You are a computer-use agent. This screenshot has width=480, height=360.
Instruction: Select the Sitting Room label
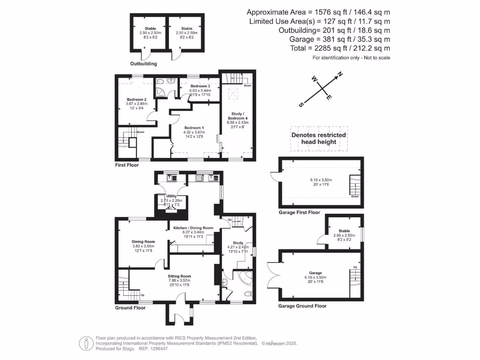(x=180, y=277)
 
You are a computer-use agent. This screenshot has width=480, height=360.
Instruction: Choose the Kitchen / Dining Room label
(x=193, y=228)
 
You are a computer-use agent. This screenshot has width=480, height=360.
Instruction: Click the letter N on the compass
(x=340, y=74)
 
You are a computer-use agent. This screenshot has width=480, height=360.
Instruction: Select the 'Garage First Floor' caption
(x=299, y=212)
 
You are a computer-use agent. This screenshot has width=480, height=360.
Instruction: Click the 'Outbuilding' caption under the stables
(x=143, y=64)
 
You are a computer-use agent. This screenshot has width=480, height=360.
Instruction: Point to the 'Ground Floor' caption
(x=130, y=308)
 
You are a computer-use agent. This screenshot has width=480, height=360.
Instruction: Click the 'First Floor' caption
(x=127, y=165)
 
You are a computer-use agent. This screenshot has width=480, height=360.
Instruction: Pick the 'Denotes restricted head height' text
(x=319, y=138)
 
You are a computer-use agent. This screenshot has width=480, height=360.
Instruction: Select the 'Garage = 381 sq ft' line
(x=326, y=39)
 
